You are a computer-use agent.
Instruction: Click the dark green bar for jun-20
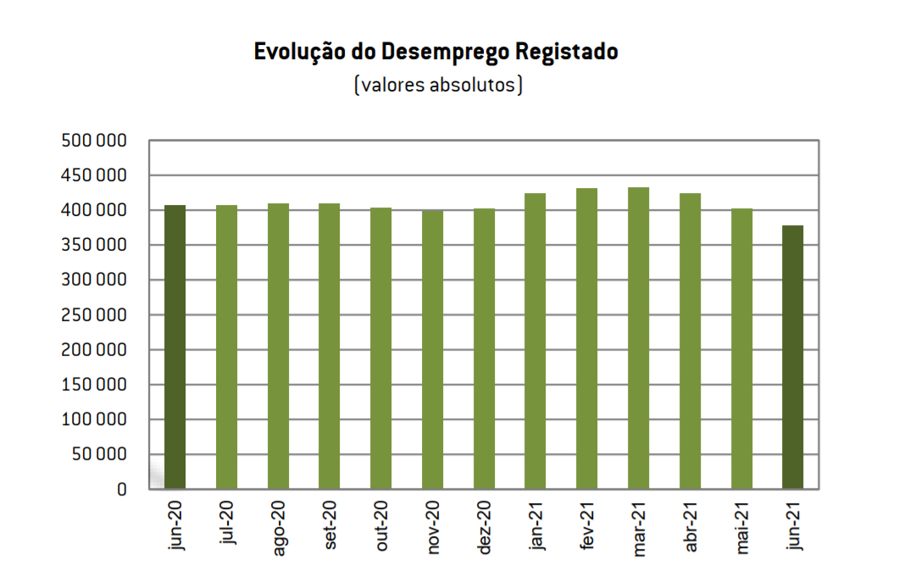coord(175,347)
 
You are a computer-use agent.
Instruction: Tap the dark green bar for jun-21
coord(792,357)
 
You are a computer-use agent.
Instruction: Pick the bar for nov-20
coord(432,349)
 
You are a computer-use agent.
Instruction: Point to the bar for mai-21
coord(741,349)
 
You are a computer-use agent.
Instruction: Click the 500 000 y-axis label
coord(94,141)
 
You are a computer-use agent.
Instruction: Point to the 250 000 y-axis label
coord(94,315)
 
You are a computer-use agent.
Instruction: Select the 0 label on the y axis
coord(121,490)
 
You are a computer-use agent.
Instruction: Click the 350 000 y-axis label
coord(94,246)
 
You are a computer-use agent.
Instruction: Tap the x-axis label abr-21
coord(691,528)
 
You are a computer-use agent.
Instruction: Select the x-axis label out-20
coord(382,527)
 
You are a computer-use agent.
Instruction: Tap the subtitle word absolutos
coord(474,86)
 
